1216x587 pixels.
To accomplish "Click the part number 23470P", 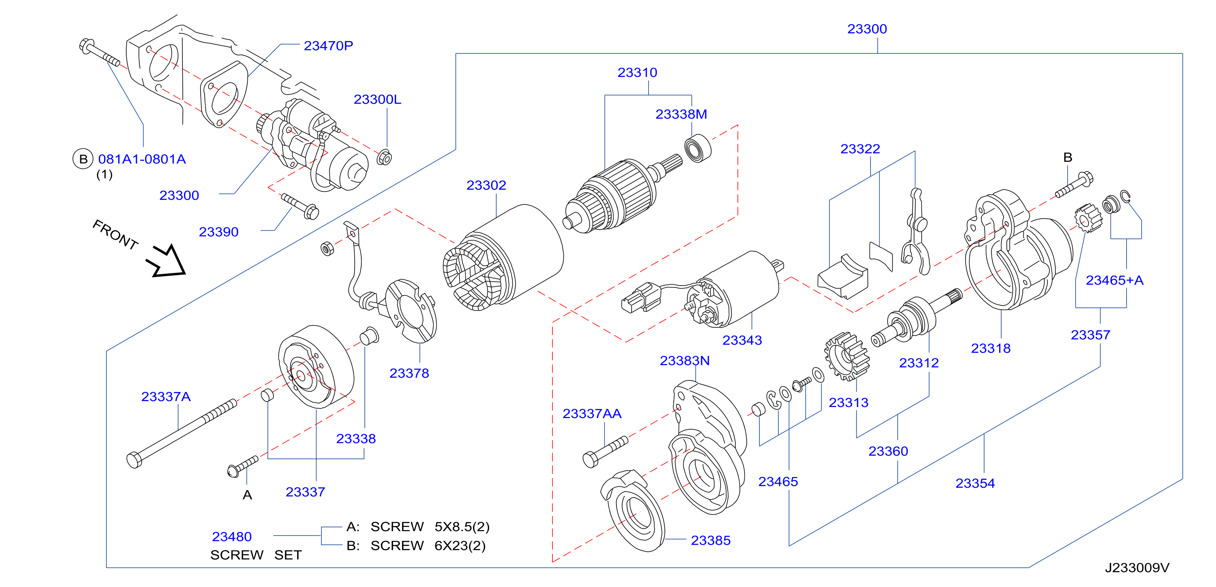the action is click(x=328, y=46).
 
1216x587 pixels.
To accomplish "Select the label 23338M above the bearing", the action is click(x=681, y=114).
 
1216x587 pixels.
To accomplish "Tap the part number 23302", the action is click(x=486, y=185).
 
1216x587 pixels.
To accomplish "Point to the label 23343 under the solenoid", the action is click(x=742, y=340).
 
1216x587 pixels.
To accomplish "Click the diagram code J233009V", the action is click(x=1137, y=567).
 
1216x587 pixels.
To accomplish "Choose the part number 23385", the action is click(x=710, y=540).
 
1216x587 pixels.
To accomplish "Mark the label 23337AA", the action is click(x=592, y=414).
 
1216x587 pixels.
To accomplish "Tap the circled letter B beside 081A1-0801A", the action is click(x=83, y=159).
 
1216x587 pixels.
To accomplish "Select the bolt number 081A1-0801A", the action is click(x=142, y=159).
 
